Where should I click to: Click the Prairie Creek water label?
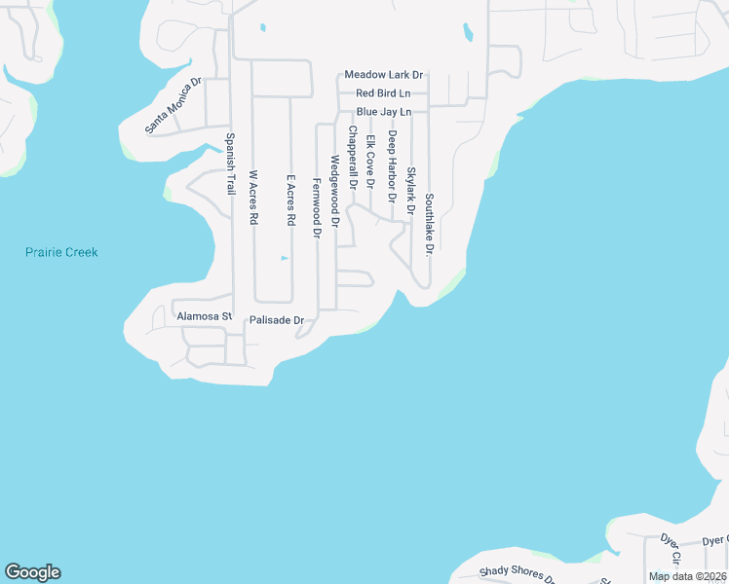point(61,252)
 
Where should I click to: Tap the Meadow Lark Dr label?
point(384,75)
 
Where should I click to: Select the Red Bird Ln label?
point(383,93)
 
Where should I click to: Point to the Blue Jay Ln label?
point(384,113)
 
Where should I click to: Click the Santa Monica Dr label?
point(173,104)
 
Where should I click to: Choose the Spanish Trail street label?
point(231,164)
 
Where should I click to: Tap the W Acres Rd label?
point(253,199)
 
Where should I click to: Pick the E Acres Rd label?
point(289,201)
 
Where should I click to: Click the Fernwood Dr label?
point(316,208)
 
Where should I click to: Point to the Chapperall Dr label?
point(352,158)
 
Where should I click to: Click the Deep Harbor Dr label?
point(392,166)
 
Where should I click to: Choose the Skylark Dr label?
point(410,191)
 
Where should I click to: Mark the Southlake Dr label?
point(428,223)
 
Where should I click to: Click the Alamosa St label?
point(204,316)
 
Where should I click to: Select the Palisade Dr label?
point(278,319)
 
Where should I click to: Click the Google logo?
point(32,572)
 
